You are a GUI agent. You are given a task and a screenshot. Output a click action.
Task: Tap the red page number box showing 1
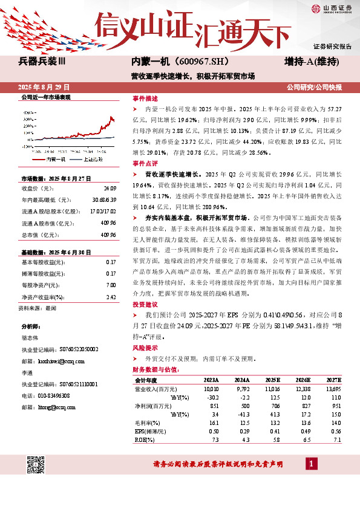click(x=311, y=464)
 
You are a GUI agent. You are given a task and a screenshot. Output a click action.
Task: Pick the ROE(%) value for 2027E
click(x=337, y=440)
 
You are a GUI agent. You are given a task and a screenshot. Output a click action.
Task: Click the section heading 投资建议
click(x=145, y=305)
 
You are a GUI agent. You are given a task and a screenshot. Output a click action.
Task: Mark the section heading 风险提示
click(x=145, y=348)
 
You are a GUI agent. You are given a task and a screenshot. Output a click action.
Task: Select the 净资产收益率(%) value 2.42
click(x=110, y=297)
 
